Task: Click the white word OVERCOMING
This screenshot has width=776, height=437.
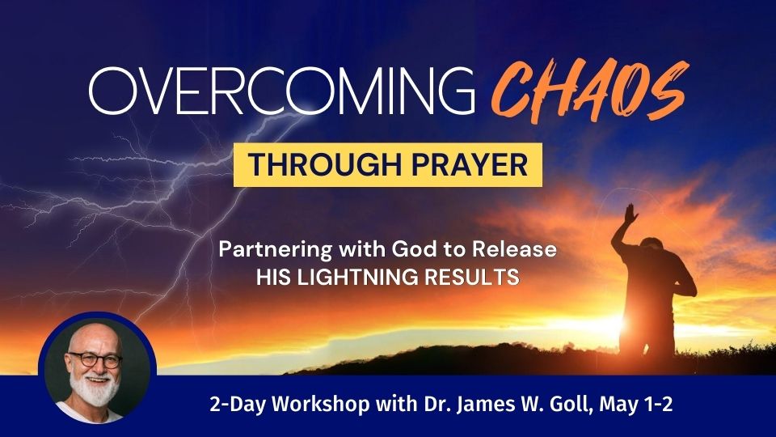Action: tap(281, 91)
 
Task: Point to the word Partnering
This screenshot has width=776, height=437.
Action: tap(275, 249)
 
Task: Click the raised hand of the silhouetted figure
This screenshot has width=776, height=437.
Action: tap(630, 214)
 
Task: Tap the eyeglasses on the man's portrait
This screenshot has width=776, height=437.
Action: tap(95, 359)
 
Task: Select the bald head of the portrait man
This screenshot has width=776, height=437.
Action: tap(94, 337)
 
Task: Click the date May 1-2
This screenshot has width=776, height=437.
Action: tap(636, 405)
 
